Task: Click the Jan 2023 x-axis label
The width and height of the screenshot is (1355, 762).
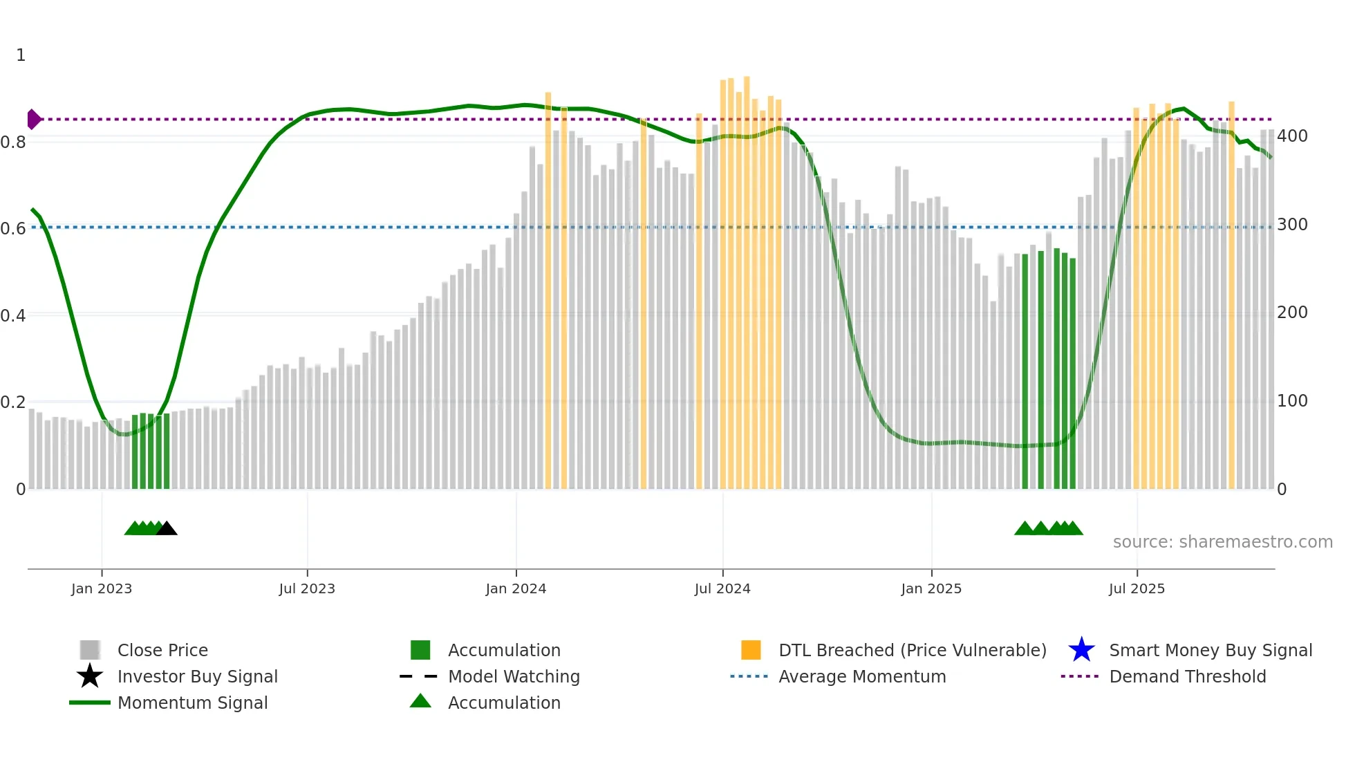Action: (101, 588)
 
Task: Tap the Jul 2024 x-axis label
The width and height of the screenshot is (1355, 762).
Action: (722, 588)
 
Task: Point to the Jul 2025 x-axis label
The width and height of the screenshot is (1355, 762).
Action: (1137, 588)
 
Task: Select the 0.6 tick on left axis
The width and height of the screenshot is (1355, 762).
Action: (13, 228)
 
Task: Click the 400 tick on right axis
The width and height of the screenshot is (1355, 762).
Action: (1292, 136)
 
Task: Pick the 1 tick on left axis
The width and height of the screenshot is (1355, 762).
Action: (21, 55)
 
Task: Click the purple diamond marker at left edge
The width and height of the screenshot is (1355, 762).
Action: (33, 120)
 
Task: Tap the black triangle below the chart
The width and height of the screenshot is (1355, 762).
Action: (167, 529)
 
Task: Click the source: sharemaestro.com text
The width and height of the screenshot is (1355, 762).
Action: (1222, 542)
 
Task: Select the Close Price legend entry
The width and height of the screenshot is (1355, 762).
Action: (162, 650)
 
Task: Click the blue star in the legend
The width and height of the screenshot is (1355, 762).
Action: (1081, 650)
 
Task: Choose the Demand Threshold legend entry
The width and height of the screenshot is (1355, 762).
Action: (1187, 676)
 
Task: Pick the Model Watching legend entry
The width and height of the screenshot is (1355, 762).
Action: (514, 676)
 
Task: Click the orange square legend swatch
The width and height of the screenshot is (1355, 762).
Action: (751, 650)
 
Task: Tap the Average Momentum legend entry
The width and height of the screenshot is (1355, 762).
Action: (861, 676)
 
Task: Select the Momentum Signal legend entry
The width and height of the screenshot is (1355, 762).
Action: (192, 703)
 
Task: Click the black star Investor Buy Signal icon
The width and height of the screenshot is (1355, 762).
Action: (90, 676)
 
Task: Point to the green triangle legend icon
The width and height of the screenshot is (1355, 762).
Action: (420, 701)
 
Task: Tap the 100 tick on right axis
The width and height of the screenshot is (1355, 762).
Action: (1292, 401)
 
